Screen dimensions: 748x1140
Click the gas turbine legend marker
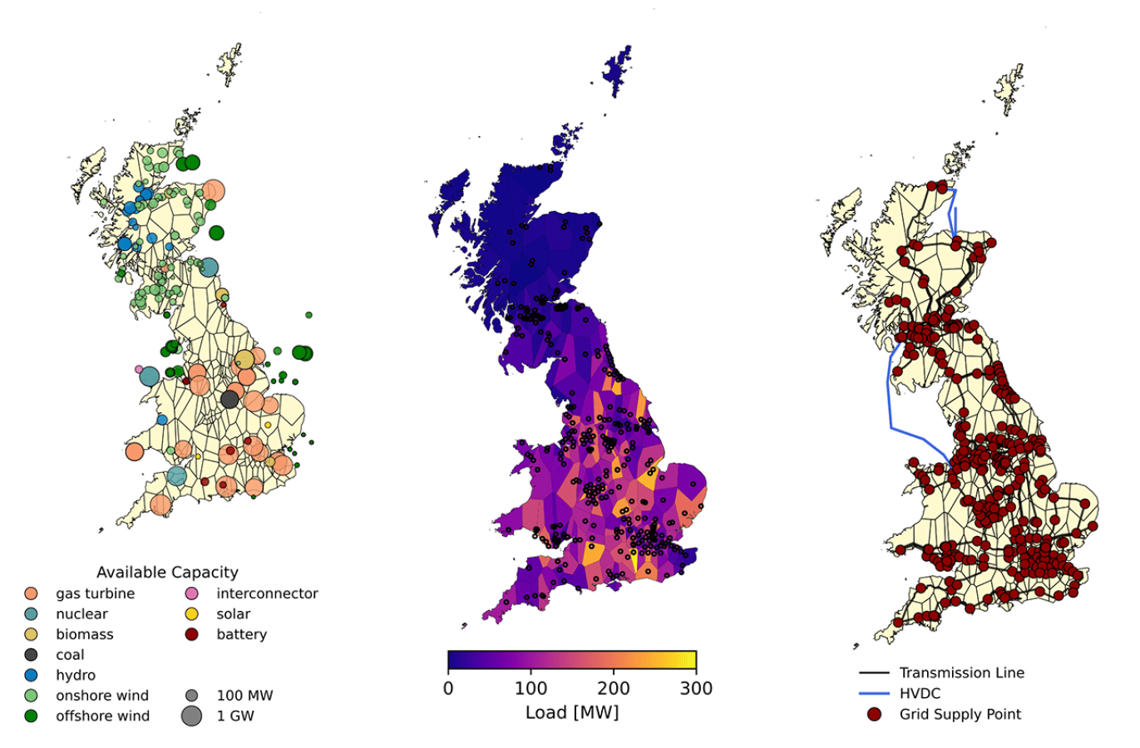point(32,593)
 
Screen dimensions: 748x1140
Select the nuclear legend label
point(81,614)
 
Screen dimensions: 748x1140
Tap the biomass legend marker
point(32,634)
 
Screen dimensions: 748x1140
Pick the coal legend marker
point(32,655)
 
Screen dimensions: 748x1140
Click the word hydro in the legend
point(76,676)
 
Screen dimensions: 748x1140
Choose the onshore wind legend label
point(101,696)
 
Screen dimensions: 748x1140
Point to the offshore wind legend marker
point(32,716)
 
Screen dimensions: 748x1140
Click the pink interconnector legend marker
point(192,593)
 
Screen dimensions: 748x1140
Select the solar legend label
point(233,614)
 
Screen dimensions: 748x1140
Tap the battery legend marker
point(192,634)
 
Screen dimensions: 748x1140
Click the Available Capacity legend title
point(167,572)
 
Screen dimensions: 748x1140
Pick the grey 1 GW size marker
point(192,716)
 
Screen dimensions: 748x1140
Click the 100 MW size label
point(244,696)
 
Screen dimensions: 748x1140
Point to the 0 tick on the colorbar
point(448,688)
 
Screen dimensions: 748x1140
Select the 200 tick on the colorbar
point(613,688)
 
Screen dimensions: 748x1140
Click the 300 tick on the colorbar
point(696,688)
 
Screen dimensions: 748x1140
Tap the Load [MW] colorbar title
point(572,713)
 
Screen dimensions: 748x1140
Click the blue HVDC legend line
point(874,693)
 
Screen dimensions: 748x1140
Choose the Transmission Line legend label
point(961,672)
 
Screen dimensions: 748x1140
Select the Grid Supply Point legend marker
point(874,714)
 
